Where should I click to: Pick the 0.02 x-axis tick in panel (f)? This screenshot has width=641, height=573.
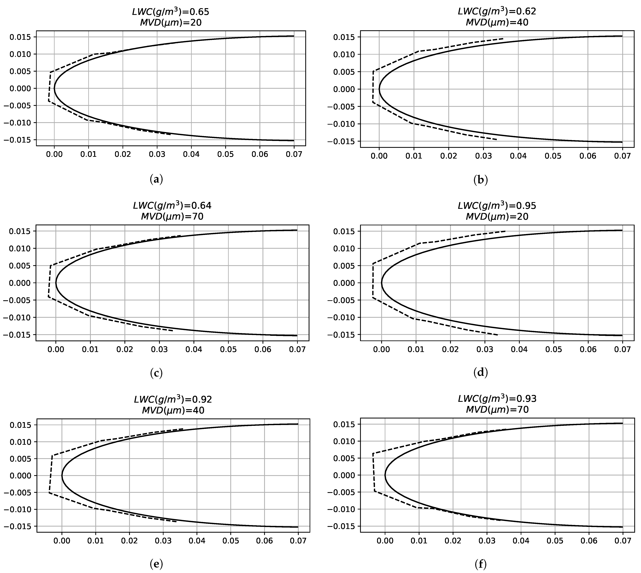tap(453, 541)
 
